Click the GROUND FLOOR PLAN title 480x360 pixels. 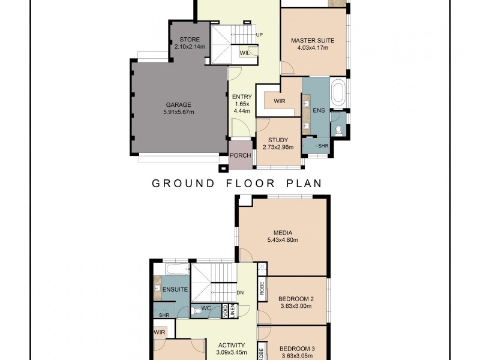pyautogui.click(x=237, y=183)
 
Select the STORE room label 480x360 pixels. pyautogui.click(x=190, y=40)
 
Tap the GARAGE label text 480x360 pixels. pyautogui.click(x=178, y=104)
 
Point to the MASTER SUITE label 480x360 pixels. pyautogui.click(x=313, y=41)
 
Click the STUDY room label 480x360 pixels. pyautogui.click(x=278, y=140)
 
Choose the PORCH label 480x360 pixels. pyautogui.click(x=241, y=156)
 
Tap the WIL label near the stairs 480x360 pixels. pyautogui.click(x=244, y=53)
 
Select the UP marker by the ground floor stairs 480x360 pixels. pyautogui.click(x=259, y=35)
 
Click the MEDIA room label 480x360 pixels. pyautogui.click(x=282, y=232)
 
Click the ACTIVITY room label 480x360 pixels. pyautogui.click(x=232, y=345)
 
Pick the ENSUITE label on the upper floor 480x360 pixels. pyautogui.click(x=176, y=290)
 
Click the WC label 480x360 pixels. pyautogui.click(x=206, y=309)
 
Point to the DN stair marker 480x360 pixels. pyautogui.click(x=239, y=293)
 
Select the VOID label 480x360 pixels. pyautogui.click(x=224, y=311)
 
